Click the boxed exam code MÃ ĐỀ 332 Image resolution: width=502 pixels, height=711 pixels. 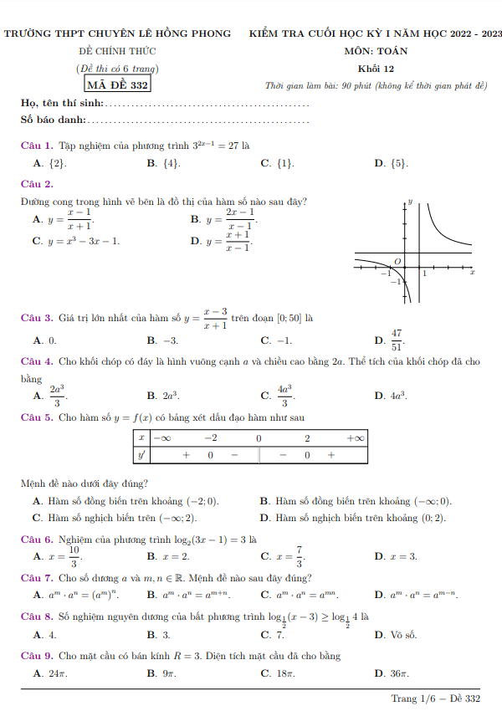pos(118,84)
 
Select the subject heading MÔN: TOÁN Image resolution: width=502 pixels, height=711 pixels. pos(376,51)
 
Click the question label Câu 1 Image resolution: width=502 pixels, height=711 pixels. pos(37,146)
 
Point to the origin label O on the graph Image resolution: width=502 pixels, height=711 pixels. pos(397,262)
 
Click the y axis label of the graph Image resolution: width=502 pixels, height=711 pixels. pos(410,202)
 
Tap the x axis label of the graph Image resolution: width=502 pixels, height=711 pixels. pos(472,273)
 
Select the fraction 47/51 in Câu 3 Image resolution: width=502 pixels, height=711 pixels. pos(397,340)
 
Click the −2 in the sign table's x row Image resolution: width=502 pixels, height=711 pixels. pos(211,438)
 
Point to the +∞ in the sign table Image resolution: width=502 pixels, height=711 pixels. pos(355,438)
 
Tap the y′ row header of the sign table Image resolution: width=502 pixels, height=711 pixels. pos(142,455)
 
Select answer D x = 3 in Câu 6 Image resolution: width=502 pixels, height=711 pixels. pos(397,556)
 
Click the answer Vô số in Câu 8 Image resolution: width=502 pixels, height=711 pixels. pos(397,635)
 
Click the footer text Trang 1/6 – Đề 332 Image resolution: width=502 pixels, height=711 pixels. pos(436,698)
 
